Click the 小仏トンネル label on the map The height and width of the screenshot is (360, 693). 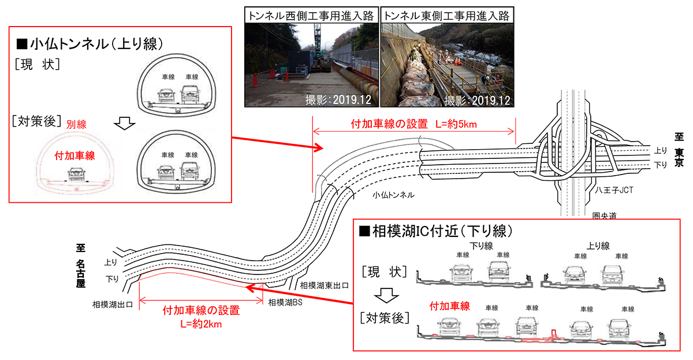393,195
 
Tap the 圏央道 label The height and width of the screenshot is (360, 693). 605,216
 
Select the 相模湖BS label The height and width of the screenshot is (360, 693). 286,302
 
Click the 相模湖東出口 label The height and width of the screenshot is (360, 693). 324,285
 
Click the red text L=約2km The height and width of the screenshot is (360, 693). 202,324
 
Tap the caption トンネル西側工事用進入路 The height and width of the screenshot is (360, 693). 311,15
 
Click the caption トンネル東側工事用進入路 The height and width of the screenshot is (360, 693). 448,15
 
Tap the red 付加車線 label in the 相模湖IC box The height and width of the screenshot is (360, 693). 450,306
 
